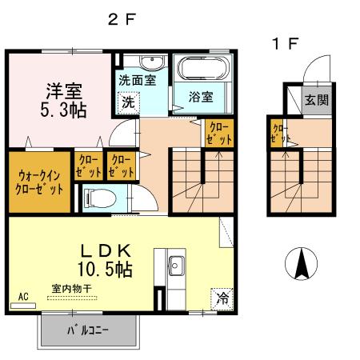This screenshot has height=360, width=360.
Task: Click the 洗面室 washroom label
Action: (137, 80)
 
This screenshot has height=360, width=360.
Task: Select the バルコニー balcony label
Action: (87, 330)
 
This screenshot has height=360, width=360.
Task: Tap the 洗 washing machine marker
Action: (129, 102)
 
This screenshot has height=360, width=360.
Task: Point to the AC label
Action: (23, 296)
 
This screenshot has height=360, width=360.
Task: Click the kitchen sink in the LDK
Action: (176, 264)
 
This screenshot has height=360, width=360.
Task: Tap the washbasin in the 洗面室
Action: (150, 64)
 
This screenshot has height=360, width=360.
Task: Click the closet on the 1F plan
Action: (279, 134)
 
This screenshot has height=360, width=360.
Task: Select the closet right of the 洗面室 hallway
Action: (219, 132)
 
